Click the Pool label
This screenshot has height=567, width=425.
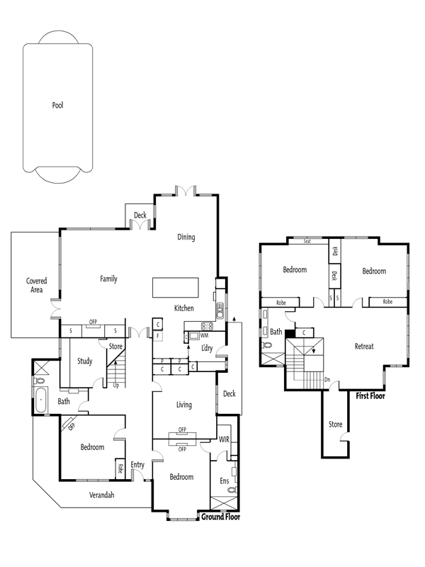(x=58, y=105)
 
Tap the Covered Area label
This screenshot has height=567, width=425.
(x=37, y=285)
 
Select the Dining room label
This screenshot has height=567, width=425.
(x=186, y=237)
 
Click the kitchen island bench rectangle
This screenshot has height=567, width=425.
(x=176, y=288)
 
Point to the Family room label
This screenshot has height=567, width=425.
(x=109, y=279)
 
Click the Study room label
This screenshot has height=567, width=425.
(x=85, y=361)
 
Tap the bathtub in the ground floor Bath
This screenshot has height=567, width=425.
(x=41, y=400)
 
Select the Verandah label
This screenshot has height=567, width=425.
(x=101, y=495)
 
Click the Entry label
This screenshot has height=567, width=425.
(x=137, y=465)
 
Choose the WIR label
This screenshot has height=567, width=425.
(x=224, y=439)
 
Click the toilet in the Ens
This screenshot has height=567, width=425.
(x=232, y=490)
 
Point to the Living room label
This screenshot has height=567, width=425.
(x=184, y=405)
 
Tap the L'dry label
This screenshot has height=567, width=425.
(x=207, y=348)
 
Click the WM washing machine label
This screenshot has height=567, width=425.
(x=204, y=335)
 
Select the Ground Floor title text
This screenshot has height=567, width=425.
(x=220, y=517)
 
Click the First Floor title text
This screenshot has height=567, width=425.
(x=370, y=396)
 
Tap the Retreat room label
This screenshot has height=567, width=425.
(x=364, y=347)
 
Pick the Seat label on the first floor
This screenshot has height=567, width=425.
(x=307, y=241)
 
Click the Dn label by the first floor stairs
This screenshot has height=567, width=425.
(x=327, y=380)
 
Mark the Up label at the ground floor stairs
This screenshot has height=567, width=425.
(x=116, y=386)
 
